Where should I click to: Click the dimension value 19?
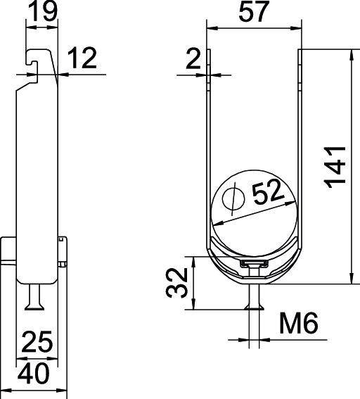(x=41, y=11)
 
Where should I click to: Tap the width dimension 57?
(x=255, y=12)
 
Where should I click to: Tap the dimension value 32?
(x=177, y=283)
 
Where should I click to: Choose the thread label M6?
(x=300, y=324)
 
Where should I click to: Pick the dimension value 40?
(x=33, y=374)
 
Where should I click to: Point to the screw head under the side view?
(x=36, y=303)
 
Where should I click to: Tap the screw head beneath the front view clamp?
(x=255, y=304)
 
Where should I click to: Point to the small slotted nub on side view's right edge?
(x=65, y=251)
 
